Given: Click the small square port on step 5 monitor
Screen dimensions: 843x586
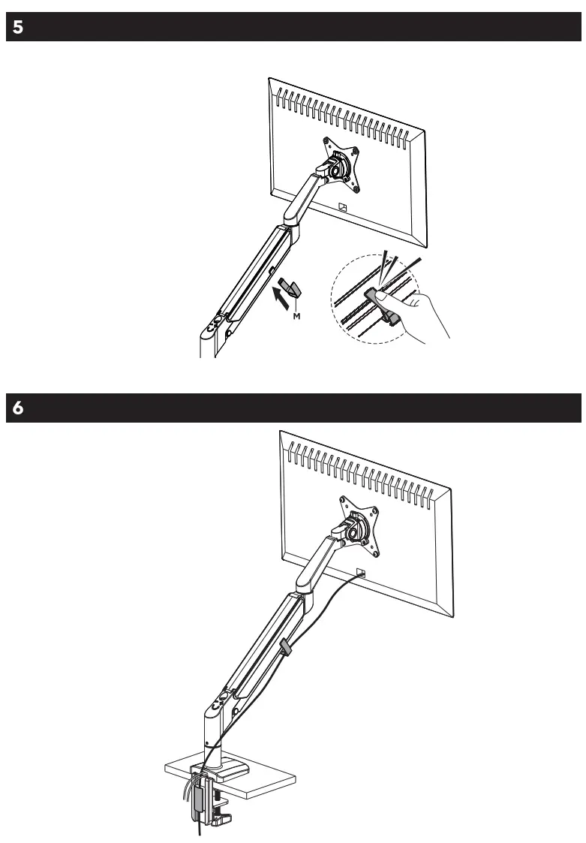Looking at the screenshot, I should click(341, 208).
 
